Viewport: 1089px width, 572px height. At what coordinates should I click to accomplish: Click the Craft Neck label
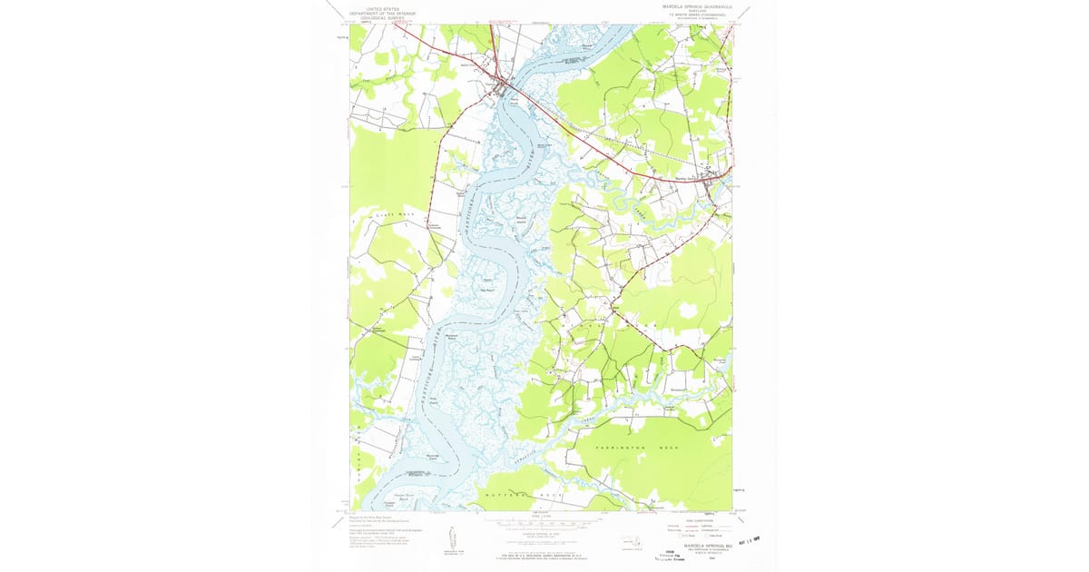391,215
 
